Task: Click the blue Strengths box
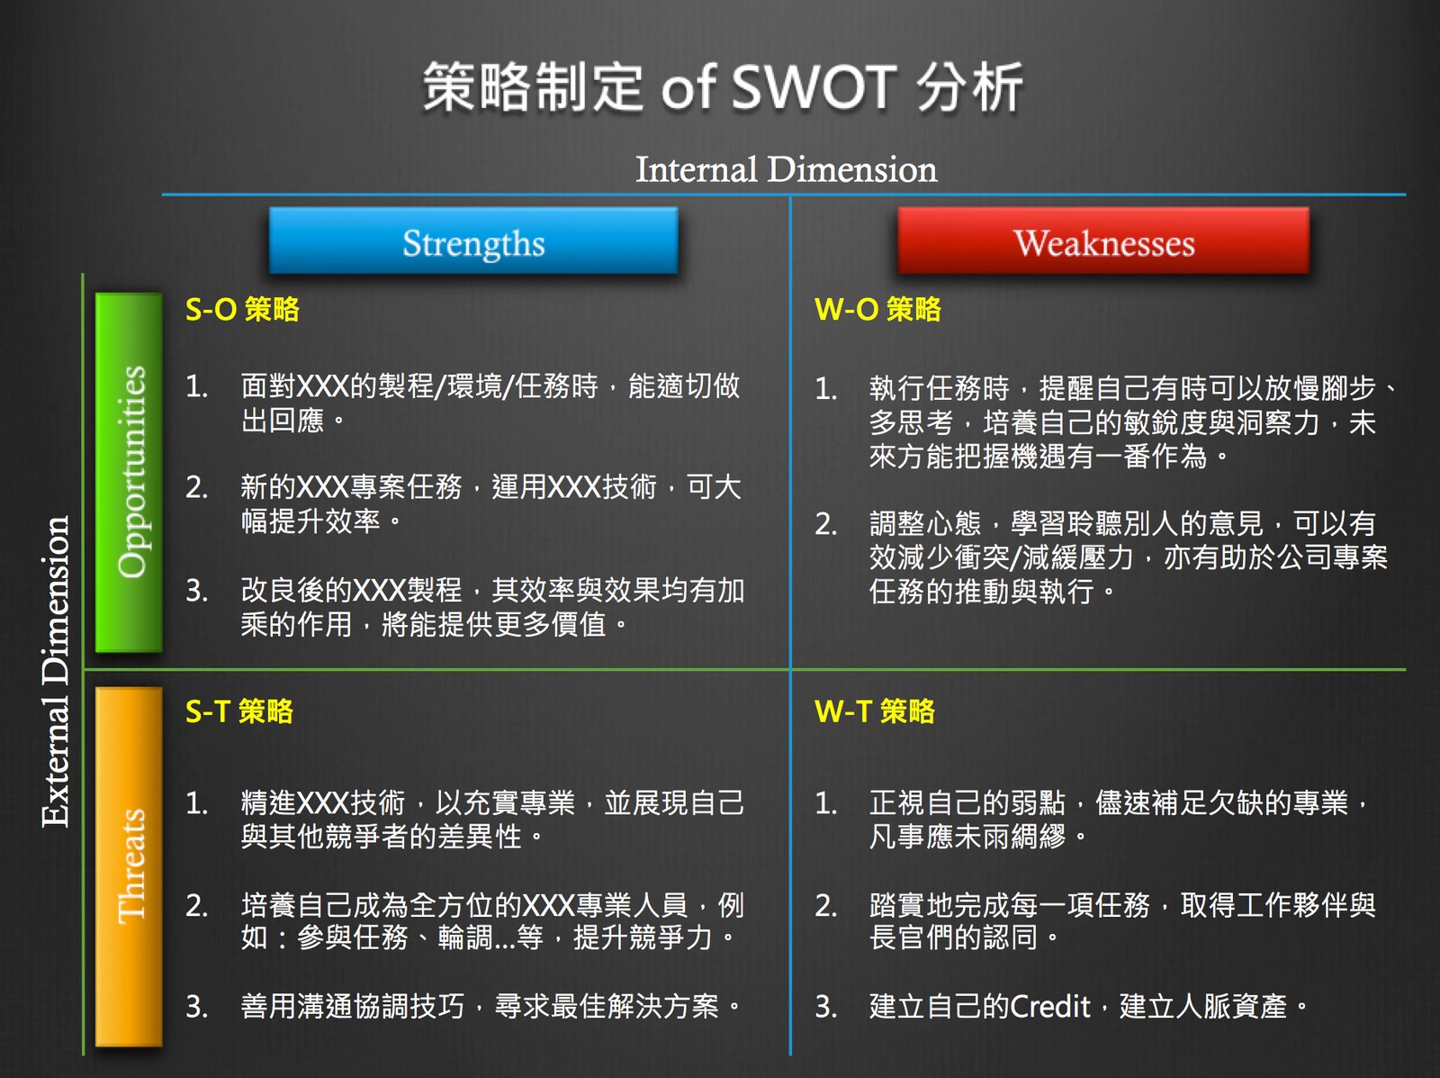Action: click(473, 241)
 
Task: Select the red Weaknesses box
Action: click(1103, 241)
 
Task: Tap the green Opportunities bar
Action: click(130, 471)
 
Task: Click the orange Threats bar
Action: click(130, 865)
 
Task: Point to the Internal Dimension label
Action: click(786, 169)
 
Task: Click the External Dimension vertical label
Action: click(56, 671)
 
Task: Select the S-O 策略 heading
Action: click(242, 309)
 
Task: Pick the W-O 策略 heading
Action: click(877, 309)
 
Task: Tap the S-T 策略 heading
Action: click(239, 711)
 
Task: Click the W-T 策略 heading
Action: click(875, 711)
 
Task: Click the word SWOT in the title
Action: click(814, 88)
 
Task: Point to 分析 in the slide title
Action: click(970, 88)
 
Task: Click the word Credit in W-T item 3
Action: click(1050, 1005)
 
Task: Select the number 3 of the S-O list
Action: click(196, 591)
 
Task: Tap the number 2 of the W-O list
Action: click(825, 524)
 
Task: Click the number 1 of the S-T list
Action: click(195, 802)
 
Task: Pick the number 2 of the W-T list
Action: click(825, 905)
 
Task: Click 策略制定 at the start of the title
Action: click(533, 88)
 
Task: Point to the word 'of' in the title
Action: click(688, 88)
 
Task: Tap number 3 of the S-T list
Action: click(196, 1006)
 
